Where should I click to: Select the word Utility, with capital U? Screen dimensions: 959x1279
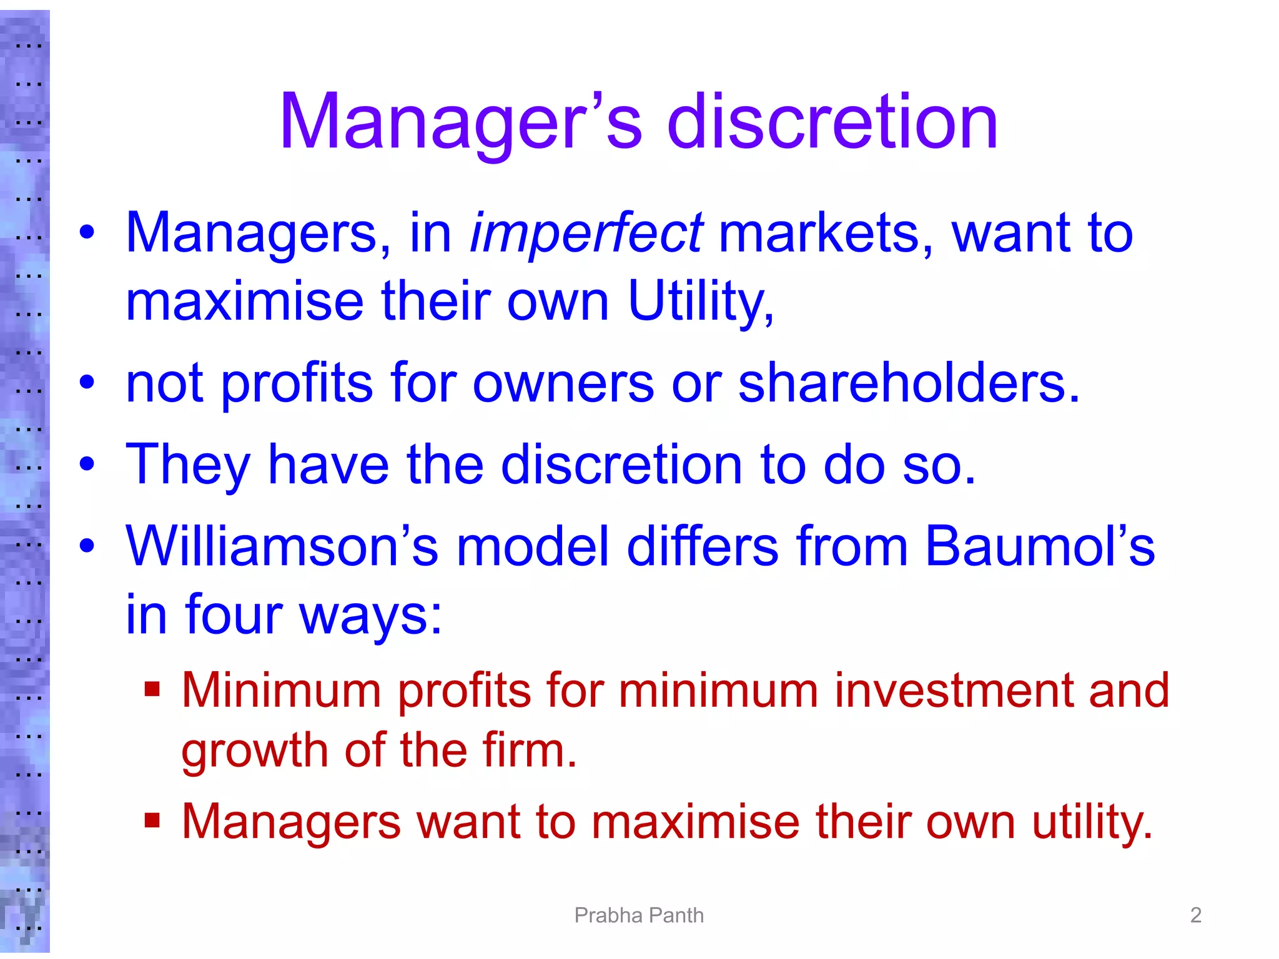(x=700, y=302)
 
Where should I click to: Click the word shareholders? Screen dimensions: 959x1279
(x=909, y=383)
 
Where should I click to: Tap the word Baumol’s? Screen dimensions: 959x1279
(x=1039, y=546)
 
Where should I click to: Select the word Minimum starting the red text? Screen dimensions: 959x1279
(x=281, y=691)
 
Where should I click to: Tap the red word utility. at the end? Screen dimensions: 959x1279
(x=1092, y=822)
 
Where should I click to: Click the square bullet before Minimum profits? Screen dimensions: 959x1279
(x=152, y=689)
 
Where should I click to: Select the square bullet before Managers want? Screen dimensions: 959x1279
(x=152, y=820)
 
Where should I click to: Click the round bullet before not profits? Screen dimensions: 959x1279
(x=87, y=382)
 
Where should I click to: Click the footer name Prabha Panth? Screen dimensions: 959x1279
(x=639, y=915)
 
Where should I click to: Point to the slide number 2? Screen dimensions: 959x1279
(x=1195, y=915)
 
